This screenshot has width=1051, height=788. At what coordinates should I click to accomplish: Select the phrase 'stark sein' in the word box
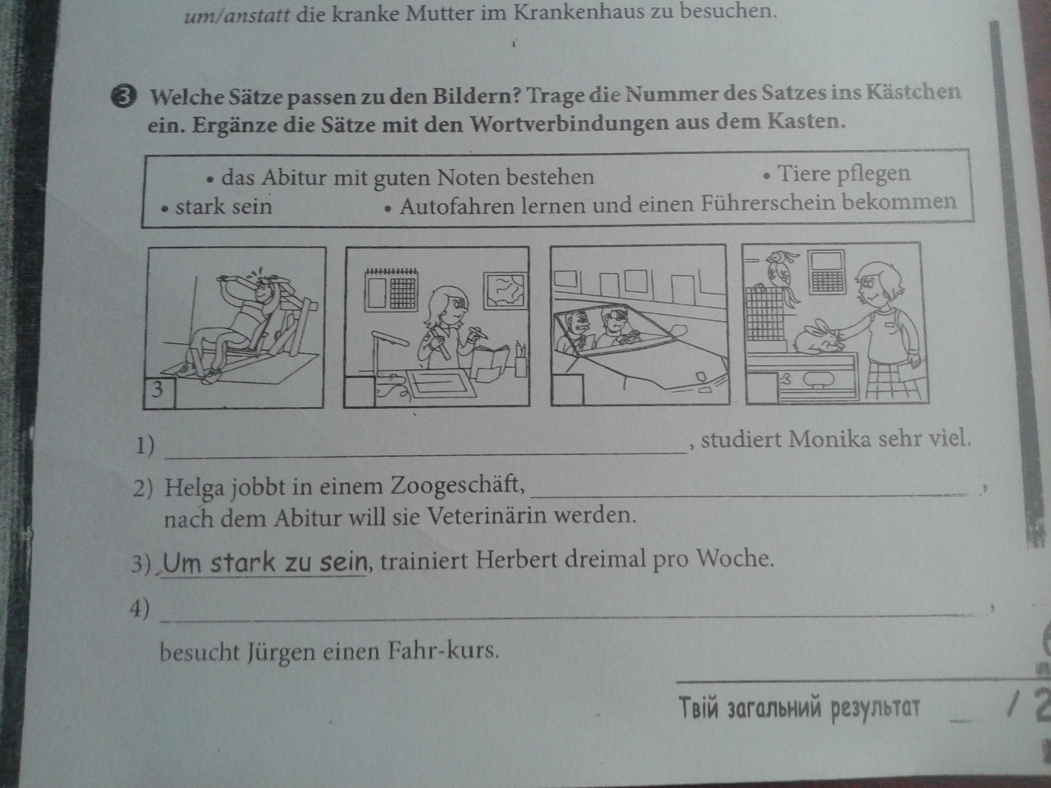[x=223, y=206]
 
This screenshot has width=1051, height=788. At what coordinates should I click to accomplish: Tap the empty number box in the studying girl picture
[x=359, y=391]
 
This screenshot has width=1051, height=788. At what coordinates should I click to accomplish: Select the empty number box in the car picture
[x=567, y=389]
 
